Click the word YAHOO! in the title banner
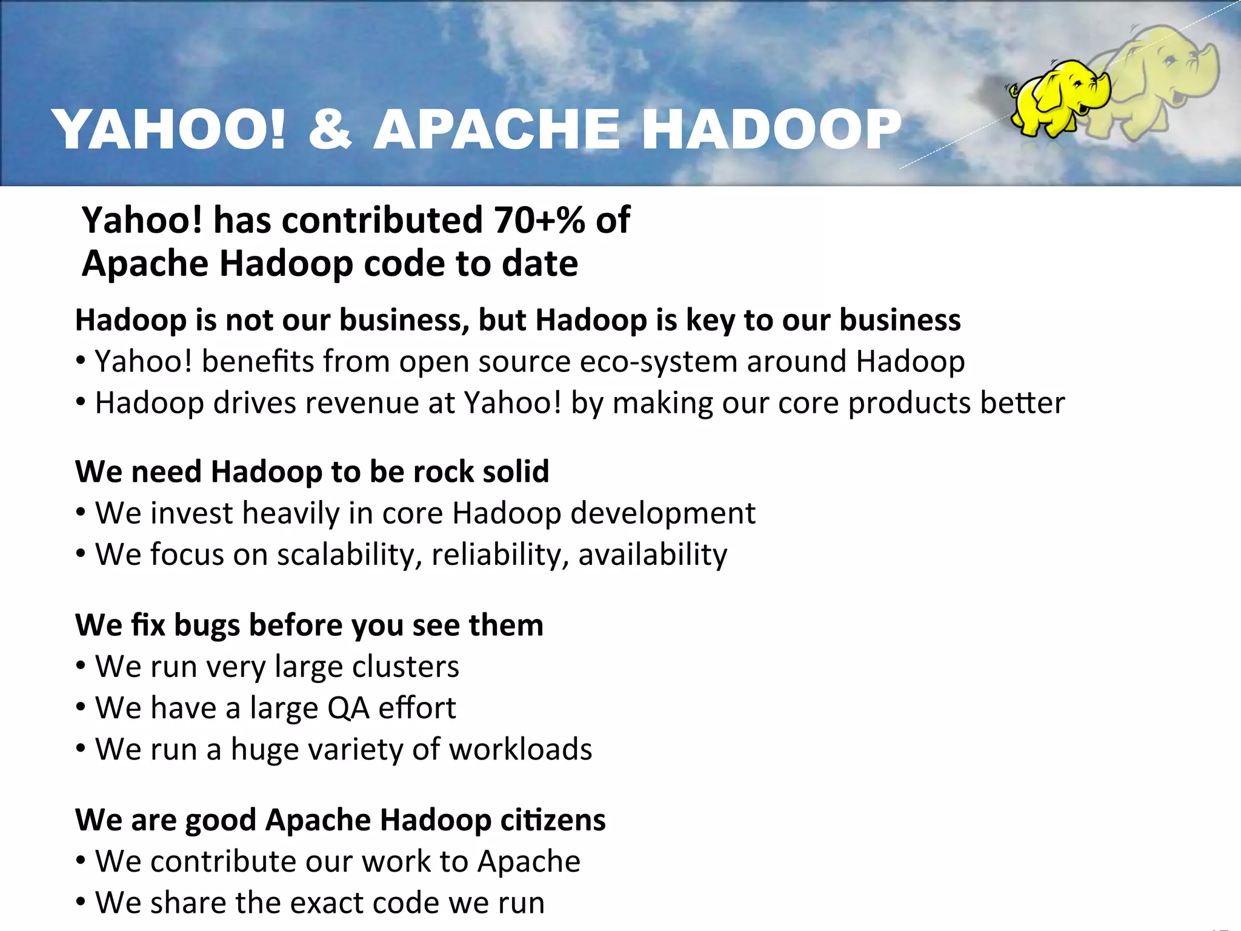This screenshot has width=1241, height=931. (x=169, y=129)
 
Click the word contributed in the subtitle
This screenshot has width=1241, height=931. (x=382, y=219)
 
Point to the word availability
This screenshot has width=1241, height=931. (x=653, y=555)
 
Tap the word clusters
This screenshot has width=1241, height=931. (x=405, y=667)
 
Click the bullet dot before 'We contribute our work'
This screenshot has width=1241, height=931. (x=81, y=861)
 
